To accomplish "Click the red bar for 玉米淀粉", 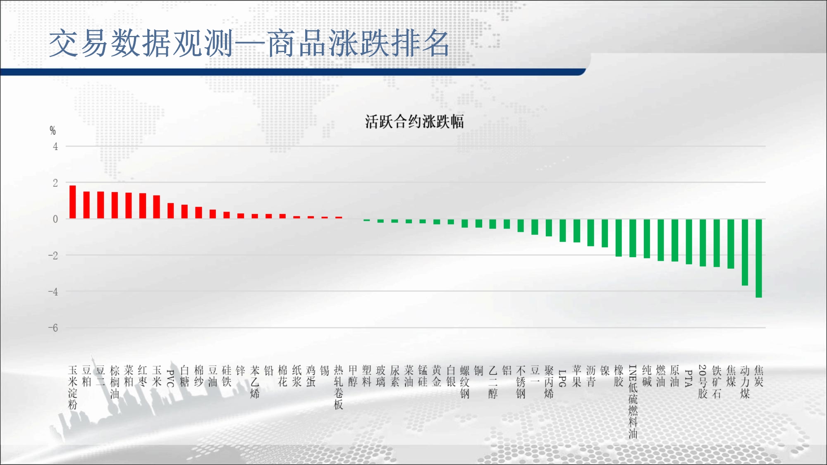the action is click(72, 202).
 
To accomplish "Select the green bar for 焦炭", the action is click(759, 258).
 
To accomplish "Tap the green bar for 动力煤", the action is click(745, 252).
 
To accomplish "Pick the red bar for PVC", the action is click(170, 211).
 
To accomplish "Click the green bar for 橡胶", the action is click(619, 238).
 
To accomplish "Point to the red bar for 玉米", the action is click(156, 207).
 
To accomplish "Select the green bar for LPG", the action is click(563, 231).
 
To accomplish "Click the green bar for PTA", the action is click(689, 242).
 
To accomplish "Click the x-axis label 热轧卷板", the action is click(339, 388).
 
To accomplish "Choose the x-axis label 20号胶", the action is click(703, 382).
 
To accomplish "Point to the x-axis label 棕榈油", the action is click(115, 382).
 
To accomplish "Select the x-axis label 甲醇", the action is click(353, 376).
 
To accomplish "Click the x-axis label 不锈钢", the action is click(521, 382).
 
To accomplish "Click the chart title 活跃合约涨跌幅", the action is click(414, 122).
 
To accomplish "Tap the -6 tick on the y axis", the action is click(53, 328).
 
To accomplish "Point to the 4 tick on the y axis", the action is click(55, 146).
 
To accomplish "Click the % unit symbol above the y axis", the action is click(53, 131).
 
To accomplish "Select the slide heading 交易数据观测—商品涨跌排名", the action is click(249, 43).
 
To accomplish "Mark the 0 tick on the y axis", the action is click(55, 219).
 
